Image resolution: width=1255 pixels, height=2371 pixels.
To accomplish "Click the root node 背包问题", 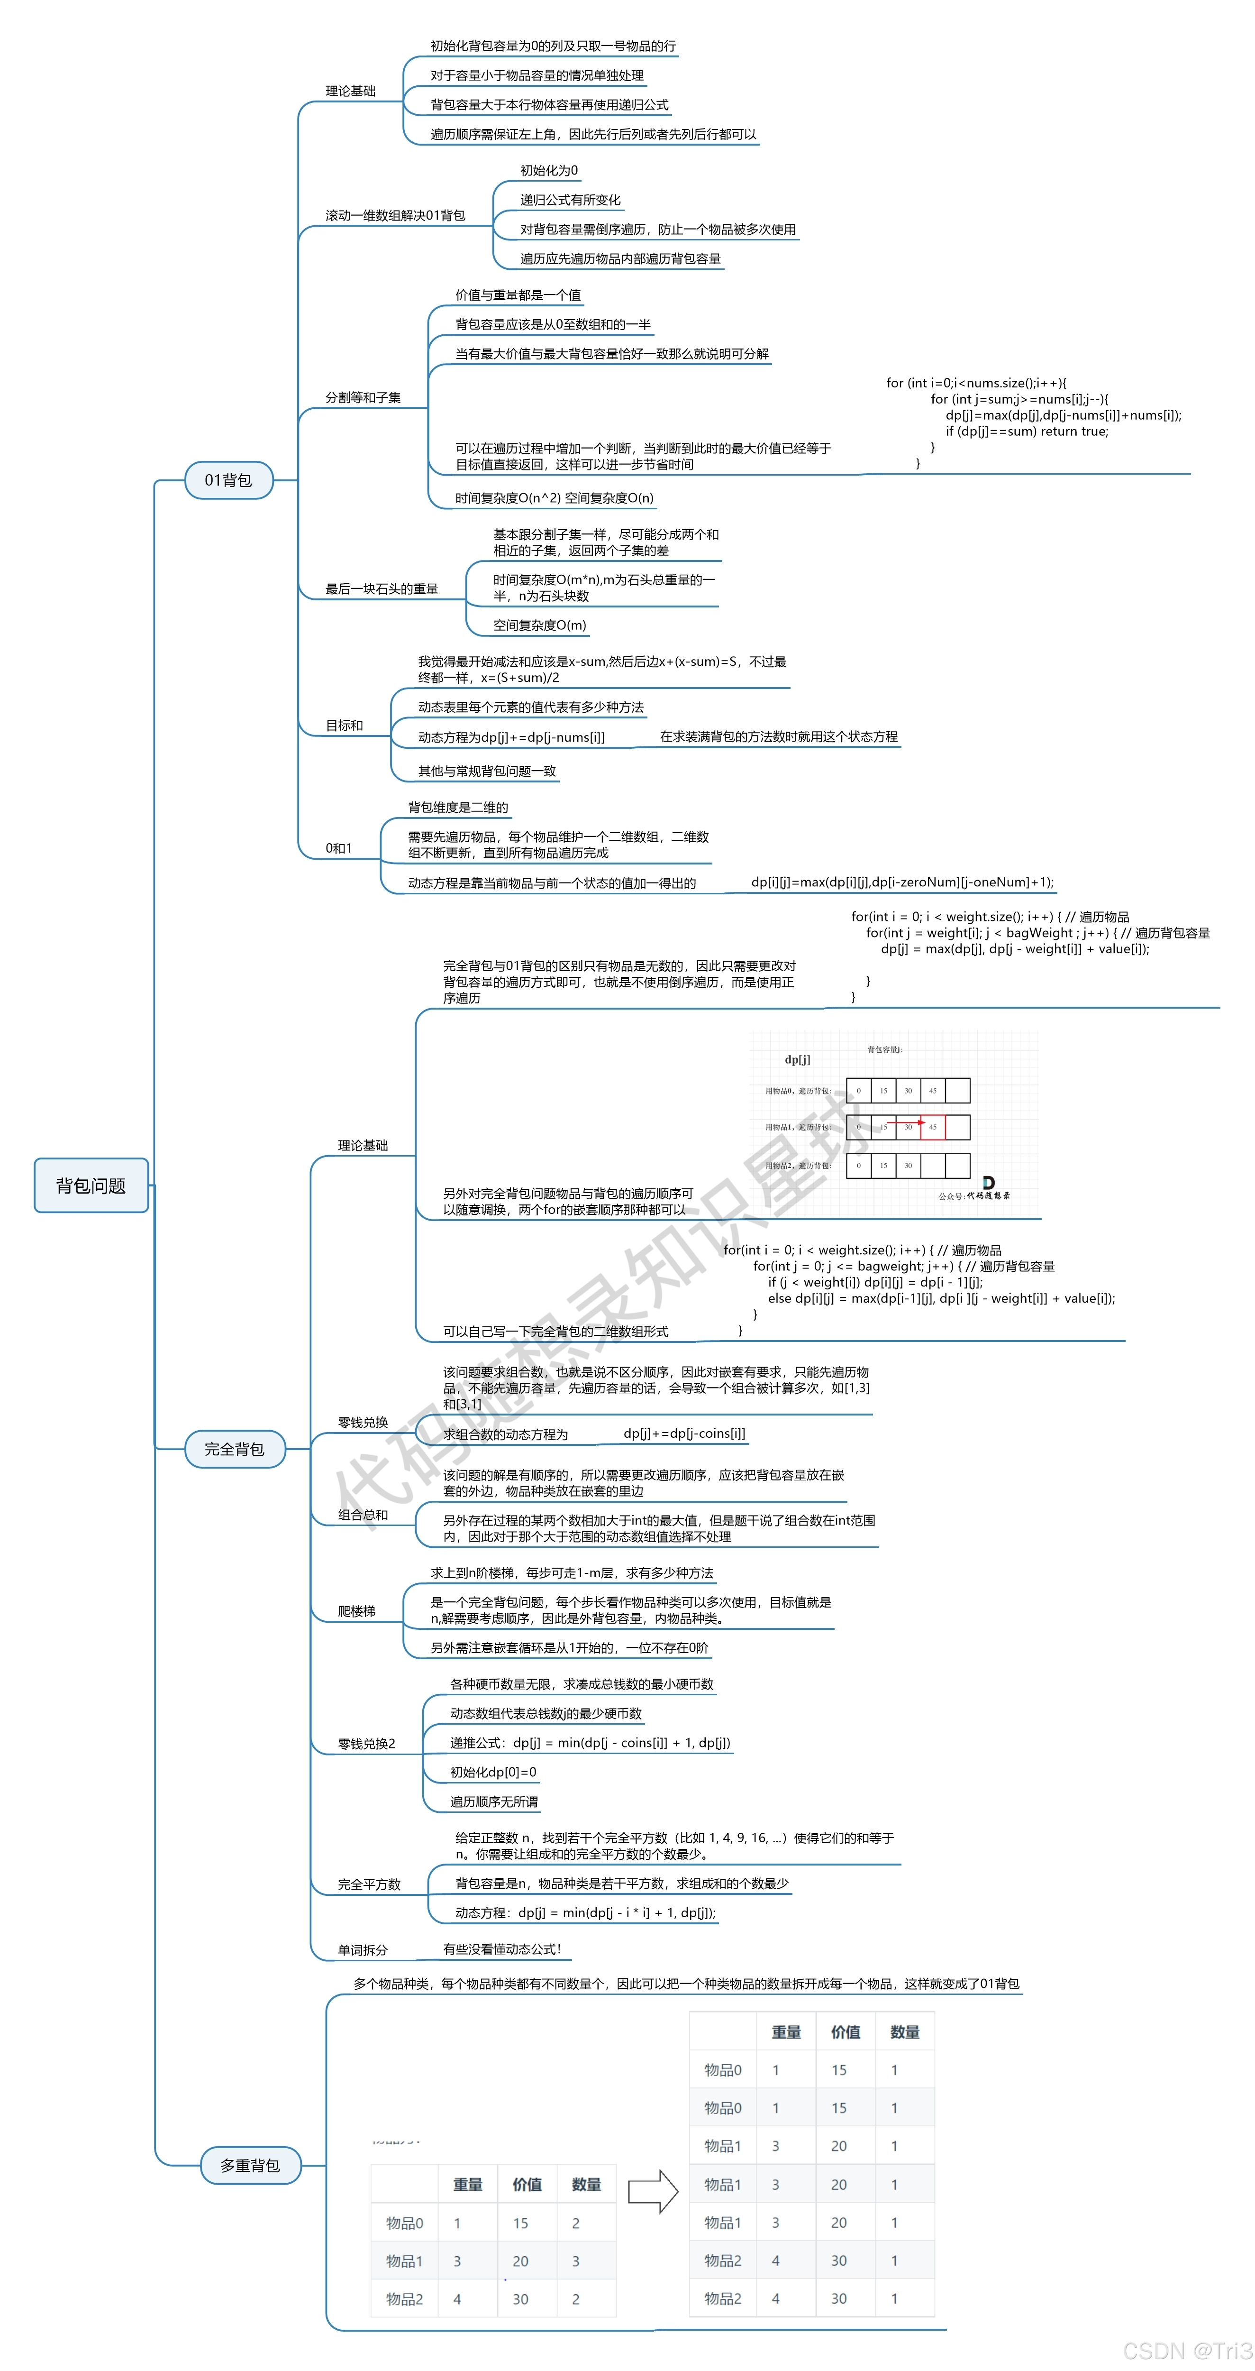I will pyautogui.click(x=91, y=1185).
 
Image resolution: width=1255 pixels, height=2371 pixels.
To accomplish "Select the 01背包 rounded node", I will pyautogui.click(x=228, y=479).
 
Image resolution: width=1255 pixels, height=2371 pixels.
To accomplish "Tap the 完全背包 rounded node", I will pyautogui.click(x=235, y=1449).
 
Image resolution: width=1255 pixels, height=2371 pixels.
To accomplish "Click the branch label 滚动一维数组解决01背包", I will pyautogui.click(x=395, y=215).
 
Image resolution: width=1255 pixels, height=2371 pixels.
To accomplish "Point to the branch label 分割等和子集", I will pyautogui.click(x=363, y=398).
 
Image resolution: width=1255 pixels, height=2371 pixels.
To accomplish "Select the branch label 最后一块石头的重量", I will pyautogui.click(x=381, y=589).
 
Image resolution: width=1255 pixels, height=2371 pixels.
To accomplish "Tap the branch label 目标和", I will pyautogui.click(x=344, y=726).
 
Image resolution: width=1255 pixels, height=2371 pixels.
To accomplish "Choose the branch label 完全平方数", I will pyautogui.click(x=369, y=1884).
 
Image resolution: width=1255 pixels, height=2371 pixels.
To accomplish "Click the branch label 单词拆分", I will pyautogui.click(x=363, y=1949).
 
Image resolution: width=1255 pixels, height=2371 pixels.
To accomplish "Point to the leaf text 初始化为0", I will pyautogui.click(x=549, y=170).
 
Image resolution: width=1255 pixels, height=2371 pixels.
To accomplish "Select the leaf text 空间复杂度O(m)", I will pyautogui.click(x=539, y=625).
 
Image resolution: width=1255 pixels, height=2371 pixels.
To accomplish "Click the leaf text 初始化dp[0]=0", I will pyautogui.click(x=493, y=1773).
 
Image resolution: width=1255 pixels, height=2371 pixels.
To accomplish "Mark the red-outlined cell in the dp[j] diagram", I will pyautogui.click(x=932, y=1127).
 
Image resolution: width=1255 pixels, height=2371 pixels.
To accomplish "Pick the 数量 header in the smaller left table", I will pyautogui.click(x=586, y=2184).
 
